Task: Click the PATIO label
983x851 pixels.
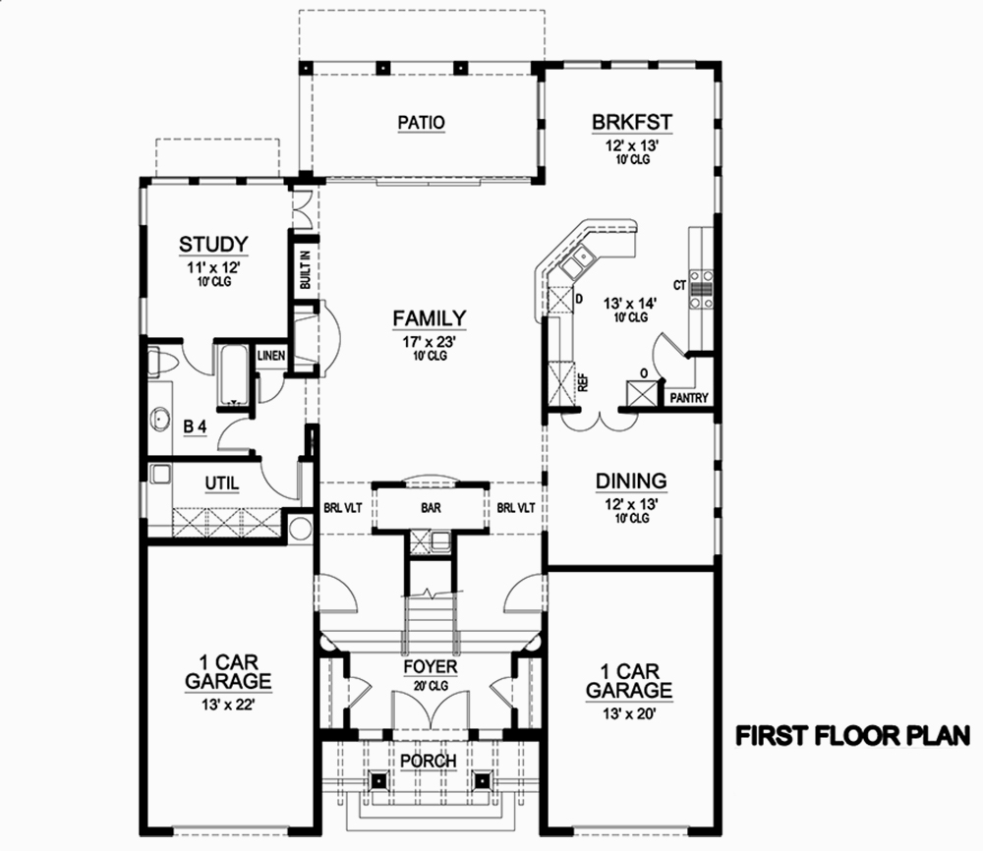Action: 422,123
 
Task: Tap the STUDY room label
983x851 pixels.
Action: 212,244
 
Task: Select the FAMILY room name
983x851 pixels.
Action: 429,317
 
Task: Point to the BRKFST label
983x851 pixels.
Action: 631,122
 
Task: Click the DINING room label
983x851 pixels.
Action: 631,481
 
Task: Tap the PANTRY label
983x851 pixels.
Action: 689,399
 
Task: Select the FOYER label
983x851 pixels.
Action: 431,667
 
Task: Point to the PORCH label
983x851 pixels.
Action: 429,762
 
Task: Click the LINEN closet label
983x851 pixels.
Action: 271,355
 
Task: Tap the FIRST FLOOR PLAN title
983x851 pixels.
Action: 854,735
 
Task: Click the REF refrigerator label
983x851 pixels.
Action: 583,383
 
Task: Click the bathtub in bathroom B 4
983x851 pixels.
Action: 233,374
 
